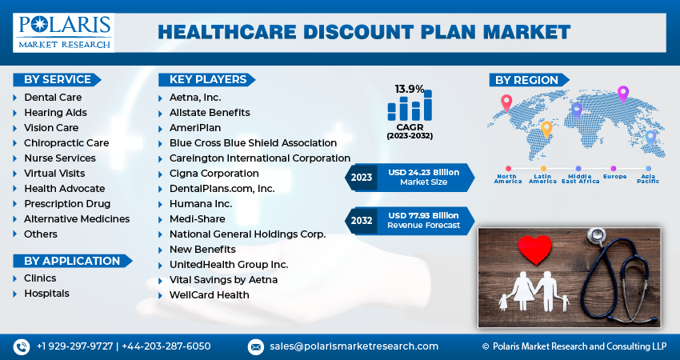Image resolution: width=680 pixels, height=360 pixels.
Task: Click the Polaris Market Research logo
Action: point(63,31)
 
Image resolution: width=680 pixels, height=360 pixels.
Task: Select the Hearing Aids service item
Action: point(55,113)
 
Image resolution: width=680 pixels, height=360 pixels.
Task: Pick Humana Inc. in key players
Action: point(201,204)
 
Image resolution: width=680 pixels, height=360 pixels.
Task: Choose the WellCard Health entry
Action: point(209,295)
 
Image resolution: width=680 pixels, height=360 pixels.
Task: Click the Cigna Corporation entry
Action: point(214,174)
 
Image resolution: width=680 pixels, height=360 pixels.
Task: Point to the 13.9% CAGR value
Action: point(410,89)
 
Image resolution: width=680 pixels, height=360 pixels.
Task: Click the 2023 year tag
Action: point(362,178)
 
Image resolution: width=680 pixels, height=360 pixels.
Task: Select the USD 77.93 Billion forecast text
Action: point(424,215)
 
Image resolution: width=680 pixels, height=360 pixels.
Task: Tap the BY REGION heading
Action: point(526,80)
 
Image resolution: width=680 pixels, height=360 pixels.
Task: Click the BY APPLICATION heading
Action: point(72,261)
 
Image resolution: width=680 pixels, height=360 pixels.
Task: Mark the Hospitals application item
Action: point(46,294)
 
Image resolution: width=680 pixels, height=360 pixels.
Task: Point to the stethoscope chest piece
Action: point(596,235)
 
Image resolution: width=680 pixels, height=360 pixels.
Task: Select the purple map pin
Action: point(623,94)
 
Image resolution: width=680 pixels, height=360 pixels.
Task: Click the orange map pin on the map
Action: point(547,128)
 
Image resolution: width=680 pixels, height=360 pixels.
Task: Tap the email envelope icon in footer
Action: point(256,346)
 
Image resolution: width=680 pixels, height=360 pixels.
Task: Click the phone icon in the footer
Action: point(21,346)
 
